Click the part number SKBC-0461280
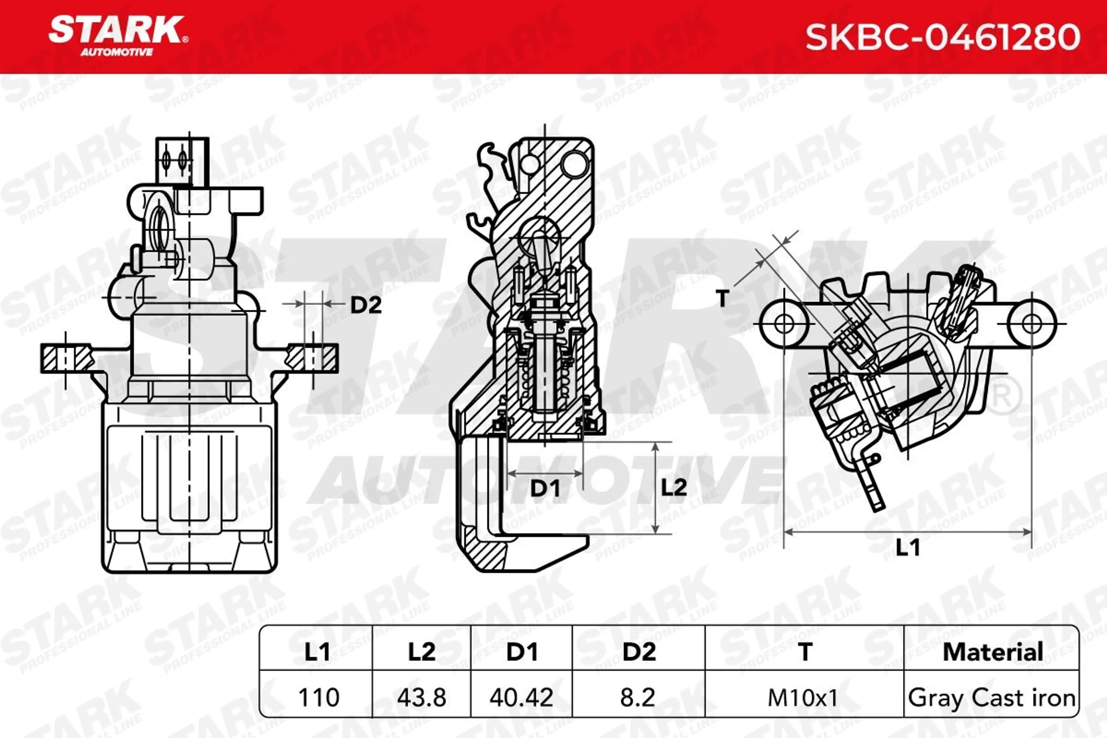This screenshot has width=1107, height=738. click(x=943, y=37)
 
